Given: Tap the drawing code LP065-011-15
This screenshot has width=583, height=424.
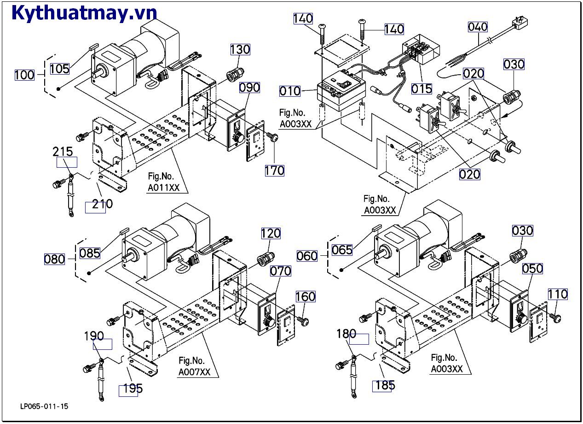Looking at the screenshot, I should (45, 406).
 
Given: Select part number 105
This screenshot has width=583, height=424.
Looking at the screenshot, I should (59, 69).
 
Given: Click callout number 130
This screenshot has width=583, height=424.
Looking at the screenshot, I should (240, 49).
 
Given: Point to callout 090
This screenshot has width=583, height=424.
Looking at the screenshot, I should (249, 88).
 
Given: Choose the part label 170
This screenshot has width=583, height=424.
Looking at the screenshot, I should (274, 171).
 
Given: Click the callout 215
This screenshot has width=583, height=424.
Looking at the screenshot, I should (63, 152).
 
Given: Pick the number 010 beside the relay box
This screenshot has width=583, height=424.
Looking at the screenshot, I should (290, 91).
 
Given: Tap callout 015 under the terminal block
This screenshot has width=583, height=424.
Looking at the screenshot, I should (422, 89).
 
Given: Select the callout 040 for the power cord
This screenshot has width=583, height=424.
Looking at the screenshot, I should (478, 27).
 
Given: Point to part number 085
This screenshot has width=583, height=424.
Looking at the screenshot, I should (89, 253).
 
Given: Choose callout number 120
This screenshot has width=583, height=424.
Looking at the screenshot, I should (271, 234).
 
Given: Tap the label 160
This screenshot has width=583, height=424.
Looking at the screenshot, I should (306, 296).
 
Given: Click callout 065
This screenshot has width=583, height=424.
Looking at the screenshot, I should (342, 250).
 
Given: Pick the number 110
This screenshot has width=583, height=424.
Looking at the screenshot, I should (558, 294).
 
